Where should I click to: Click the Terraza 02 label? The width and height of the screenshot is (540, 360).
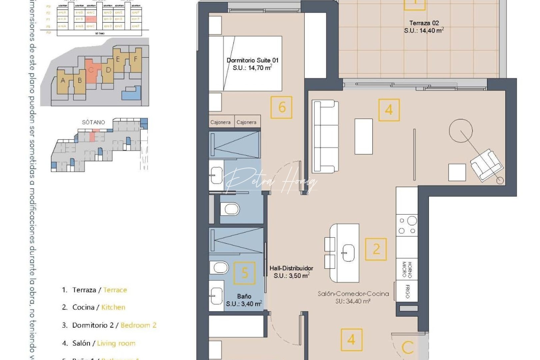pos(424,23)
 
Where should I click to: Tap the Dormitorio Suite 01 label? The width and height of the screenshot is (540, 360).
pos(252,60)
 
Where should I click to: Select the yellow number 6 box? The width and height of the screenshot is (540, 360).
pos(281,107)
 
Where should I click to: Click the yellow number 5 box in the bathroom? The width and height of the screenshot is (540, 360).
pos(244,273)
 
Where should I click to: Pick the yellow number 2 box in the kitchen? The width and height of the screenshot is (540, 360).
pos(376,249)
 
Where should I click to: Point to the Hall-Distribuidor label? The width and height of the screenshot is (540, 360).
pos(291,268)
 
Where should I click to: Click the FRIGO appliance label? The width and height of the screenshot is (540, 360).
pos(407,291)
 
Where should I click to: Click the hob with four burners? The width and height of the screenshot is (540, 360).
pos(407,225)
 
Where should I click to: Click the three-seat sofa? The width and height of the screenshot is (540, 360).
pos(325,136)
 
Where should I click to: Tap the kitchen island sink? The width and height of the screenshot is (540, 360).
pos(348,253)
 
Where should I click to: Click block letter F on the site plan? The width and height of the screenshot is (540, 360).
pos(135,59)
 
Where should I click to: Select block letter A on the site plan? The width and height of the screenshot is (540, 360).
pos(63,80)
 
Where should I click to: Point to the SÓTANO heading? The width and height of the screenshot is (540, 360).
pos(93,122)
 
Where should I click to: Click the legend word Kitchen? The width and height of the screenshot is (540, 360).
pos(113,307)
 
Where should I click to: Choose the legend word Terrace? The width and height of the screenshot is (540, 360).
pos(115,290)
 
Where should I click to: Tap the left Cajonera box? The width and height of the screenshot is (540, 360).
pos(220,122)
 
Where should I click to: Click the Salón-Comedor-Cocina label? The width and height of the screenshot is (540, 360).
pos(353,294)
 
